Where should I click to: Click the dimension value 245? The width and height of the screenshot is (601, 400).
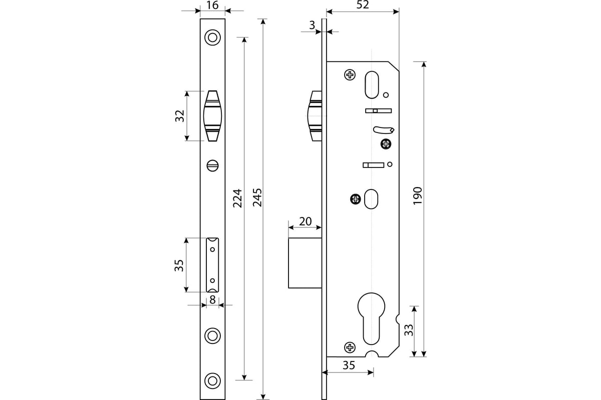point(257,197)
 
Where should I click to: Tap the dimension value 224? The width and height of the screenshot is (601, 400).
point(237,198)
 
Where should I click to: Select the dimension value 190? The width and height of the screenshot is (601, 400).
point(418,196)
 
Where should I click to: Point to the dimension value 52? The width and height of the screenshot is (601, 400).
point(363,5)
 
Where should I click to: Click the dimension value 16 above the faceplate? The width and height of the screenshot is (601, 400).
point(212,5)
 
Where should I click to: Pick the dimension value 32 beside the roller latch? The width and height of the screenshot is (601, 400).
point(180,116)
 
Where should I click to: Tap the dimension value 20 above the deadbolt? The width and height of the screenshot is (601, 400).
point(306,221)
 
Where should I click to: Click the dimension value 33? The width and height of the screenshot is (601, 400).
point(409,330)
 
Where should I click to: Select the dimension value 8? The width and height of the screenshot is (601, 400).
point(212,300)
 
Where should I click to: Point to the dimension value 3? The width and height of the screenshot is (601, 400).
point(312,25)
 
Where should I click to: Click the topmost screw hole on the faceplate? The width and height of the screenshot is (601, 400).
point(212,37)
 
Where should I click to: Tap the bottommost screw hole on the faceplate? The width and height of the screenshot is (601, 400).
point(212,380)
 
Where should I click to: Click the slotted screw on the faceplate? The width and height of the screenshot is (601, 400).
point(212,165)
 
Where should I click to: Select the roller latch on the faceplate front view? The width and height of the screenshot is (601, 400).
point(212,116)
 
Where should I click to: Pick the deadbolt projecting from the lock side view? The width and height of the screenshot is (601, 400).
point(305,263)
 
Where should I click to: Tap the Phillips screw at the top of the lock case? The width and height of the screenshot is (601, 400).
point(350,74)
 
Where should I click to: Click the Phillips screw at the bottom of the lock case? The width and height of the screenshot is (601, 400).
point(350,347)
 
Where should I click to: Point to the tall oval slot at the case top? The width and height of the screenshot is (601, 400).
point(372,84)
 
